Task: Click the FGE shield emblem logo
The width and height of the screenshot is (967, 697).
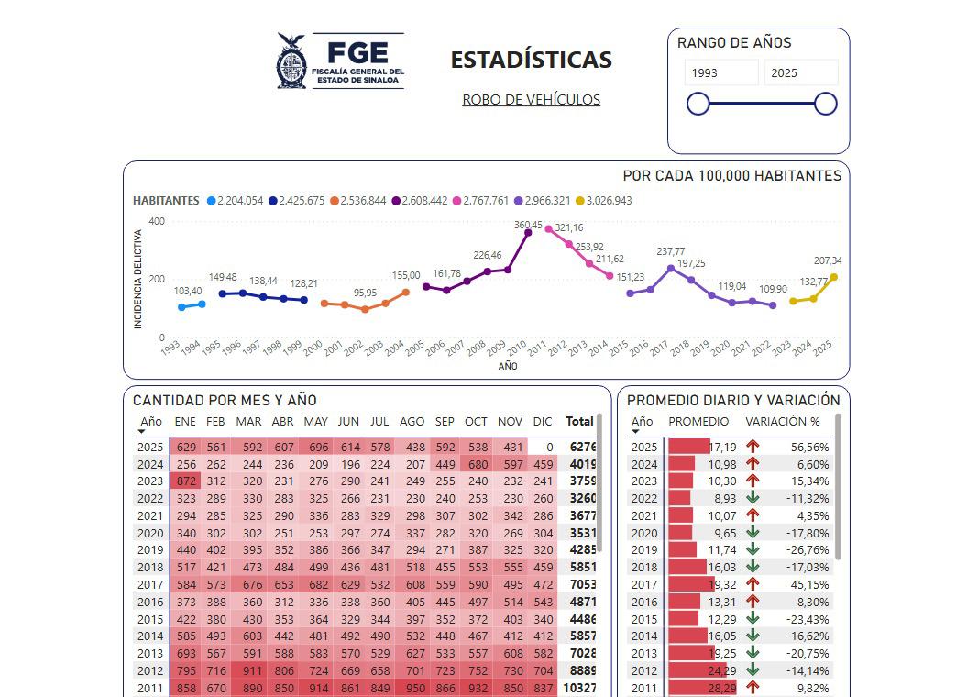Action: [x=291, y=61]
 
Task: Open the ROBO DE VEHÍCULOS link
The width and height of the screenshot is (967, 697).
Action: [x=531, y=100]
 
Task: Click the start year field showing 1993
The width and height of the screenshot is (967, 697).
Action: [x=721, y=73]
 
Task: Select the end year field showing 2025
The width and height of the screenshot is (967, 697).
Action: [x=800, y=73]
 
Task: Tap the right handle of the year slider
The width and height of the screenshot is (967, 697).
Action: [x=825, y=104]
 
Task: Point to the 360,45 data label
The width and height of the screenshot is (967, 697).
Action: [x=528, y=225]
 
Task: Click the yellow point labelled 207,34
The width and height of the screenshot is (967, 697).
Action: [x=833, y=277]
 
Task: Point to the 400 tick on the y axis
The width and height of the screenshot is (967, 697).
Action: [x=156, y=221]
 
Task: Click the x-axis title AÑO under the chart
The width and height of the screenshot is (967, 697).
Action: [x=508, y=367]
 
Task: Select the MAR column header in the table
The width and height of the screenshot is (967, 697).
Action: [x=248, y=422]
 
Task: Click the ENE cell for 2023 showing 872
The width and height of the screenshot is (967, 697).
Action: [x=186, y=481]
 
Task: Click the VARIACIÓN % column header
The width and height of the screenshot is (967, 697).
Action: [x=782, y=422]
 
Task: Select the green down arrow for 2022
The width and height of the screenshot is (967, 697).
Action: [x=753, y=498]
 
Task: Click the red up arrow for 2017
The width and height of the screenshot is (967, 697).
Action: [x=753, y=584]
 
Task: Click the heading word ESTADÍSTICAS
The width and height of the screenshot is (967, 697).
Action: [x=531, y=61]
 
